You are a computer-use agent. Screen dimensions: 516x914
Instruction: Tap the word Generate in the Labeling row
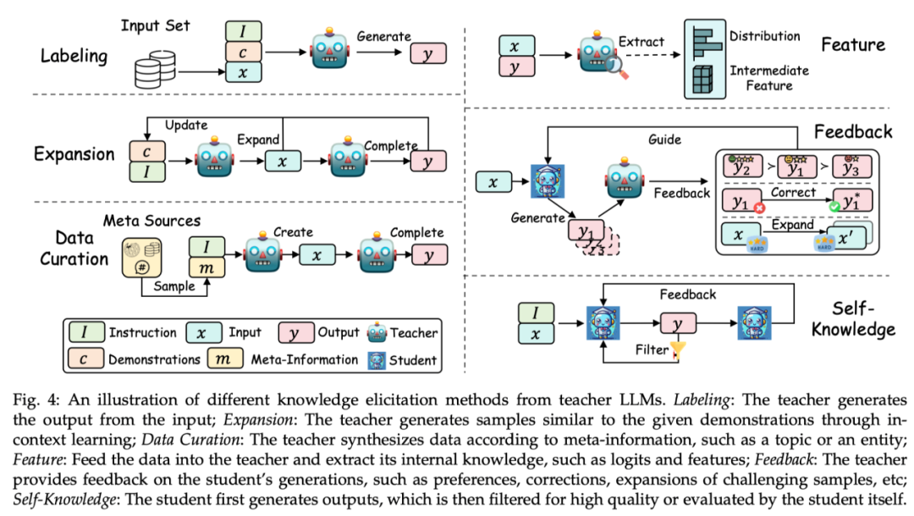click(x=383, y=36)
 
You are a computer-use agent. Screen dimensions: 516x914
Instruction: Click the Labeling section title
click(x=74, y=57)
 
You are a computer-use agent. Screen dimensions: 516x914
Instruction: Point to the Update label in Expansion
click(x=186, y=125)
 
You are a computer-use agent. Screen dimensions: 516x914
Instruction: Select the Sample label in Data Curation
click(x=173, y=287)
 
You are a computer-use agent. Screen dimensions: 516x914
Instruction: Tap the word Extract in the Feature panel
click(x=641, y=40)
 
